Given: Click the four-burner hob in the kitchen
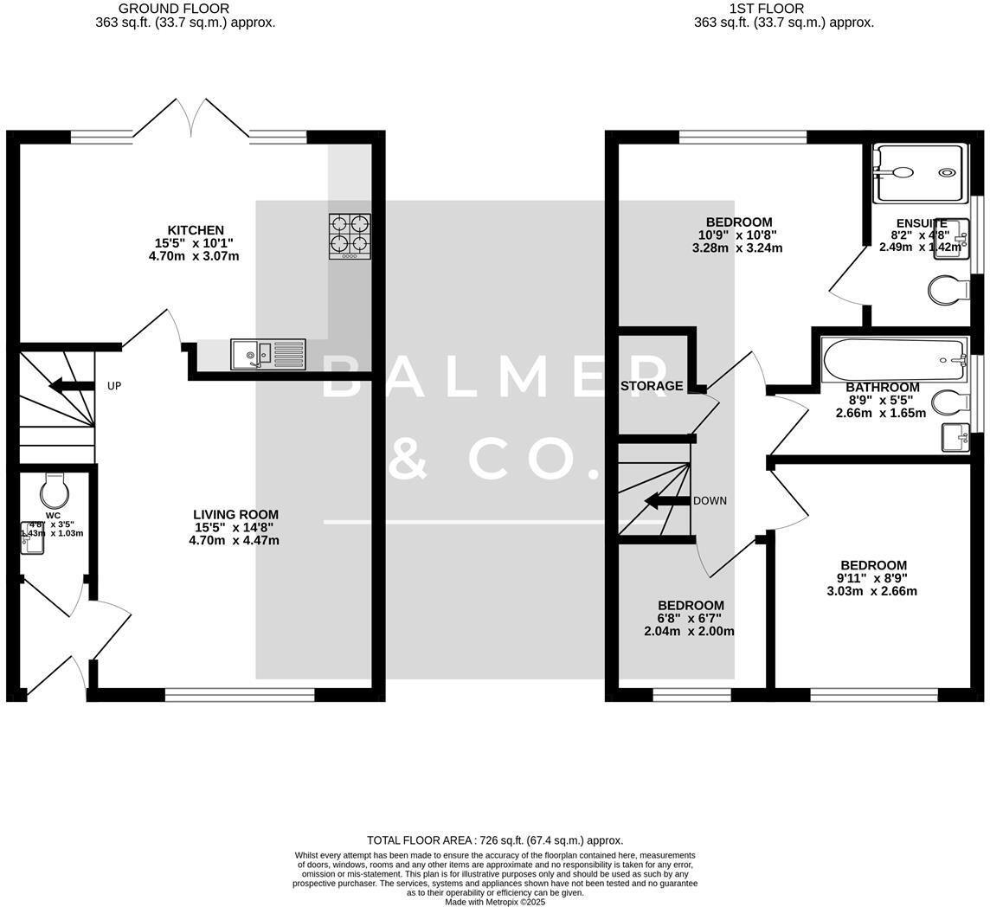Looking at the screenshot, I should [x=350, y=235].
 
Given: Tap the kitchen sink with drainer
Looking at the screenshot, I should [x=267, y=354].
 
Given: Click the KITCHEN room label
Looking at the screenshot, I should [x=196, y=230].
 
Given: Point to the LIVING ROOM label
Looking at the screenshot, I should [x=235, y=515].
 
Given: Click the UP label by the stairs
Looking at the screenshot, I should [x=114, y=386].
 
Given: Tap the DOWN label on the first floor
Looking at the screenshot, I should [x=710, y=501].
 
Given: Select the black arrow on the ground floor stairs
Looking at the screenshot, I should [x=71, y=386].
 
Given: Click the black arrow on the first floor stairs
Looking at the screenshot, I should [x=667, y=501].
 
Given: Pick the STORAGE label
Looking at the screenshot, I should [x=652, y=386].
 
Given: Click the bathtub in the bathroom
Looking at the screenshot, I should [x=894, y=360].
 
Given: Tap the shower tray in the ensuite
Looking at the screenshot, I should [x=918, y=173].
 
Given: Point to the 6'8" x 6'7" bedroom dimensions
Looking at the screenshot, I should [x=690, y=625].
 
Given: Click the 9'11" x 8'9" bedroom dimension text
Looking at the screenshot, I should [x=871, y=585].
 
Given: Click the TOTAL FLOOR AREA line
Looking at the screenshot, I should [x=494, y=840].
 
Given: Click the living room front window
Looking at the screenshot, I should [x=240, y=694].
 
